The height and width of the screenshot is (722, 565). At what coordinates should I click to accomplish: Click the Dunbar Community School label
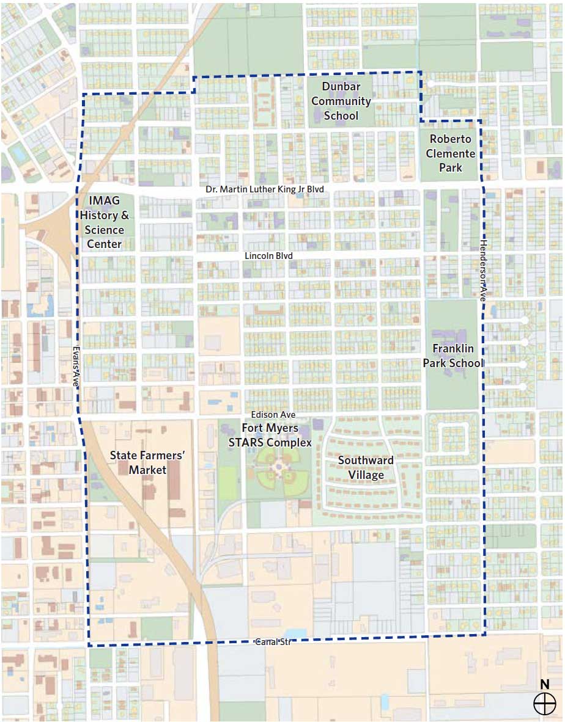point(338,101)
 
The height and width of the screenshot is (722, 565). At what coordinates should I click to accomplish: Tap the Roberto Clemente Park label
point(451,153)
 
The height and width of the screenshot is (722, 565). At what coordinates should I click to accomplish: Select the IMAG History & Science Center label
point(105,222)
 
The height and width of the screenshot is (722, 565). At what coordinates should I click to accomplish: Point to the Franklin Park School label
point(453,356)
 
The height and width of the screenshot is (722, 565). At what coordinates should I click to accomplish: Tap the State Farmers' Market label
point(147,462)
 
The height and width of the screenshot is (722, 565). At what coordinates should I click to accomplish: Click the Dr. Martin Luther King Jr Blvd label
point(264,190)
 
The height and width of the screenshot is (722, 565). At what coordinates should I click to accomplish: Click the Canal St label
point(272,642)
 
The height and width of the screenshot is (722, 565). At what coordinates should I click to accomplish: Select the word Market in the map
point(147,470)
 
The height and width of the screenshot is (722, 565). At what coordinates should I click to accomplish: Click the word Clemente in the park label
point(451,153)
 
